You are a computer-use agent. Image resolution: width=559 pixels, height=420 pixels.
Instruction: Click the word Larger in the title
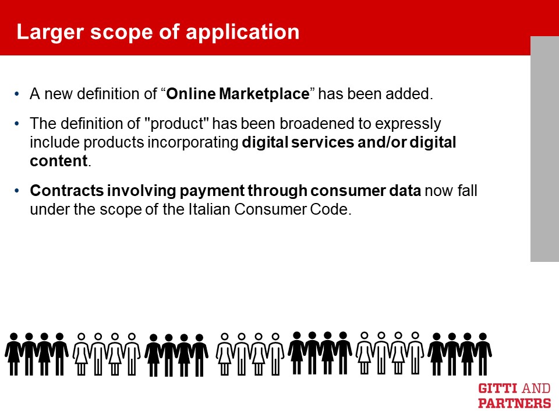(51, 33)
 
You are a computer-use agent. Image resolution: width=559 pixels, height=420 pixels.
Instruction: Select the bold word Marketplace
(264, 93)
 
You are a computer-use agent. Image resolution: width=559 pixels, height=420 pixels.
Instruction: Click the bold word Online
(191, 93)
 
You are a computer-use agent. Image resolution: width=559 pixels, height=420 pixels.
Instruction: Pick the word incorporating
(193, 142)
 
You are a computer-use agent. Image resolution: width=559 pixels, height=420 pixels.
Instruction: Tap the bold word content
(58, 161)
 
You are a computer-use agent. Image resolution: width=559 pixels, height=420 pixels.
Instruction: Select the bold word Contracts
(66, 190)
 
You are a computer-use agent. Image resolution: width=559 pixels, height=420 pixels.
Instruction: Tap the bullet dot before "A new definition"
(17, 94)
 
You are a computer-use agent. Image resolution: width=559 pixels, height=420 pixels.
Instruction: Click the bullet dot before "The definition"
(17, 124)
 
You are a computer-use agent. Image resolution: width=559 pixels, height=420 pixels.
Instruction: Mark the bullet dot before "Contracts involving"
(17, 191)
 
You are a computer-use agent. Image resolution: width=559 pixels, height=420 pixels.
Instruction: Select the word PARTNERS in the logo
(514, 403)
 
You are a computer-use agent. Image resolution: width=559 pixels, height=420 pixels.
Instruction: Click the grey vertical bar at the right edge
(545, 149)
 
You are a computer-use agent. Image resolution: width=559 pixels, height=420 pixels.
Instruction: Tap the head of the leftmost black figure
(13, 337)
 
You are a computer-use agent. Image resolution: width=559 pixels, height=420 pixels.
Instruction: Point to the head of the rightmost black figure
(483, 337)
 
